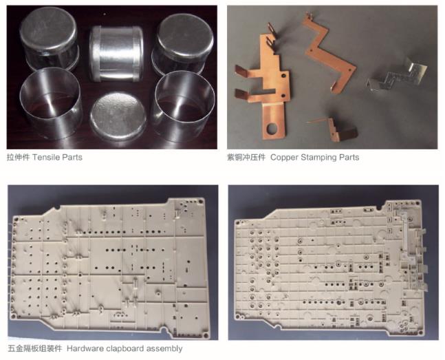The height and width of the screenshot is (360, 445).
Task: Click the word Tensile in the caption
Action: tap(46, 158)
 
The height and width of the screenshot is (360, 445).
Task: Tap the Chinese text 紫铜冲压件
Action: tap(246, 158)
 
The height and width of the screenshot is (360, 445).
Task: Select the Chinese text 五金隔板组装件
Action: tap(35, 348)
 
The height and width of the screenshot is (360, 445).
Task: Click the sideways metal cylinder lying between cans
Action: tap(116, 54)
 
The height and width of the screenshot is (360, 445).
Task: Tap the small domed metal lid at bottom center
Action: tap(118, 116)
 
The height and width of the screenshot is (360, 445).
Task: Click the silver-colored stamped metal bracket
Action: tap(397, 75)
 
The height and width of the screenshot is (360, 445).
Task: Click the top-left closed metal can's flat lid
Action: tap(48, 28)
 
